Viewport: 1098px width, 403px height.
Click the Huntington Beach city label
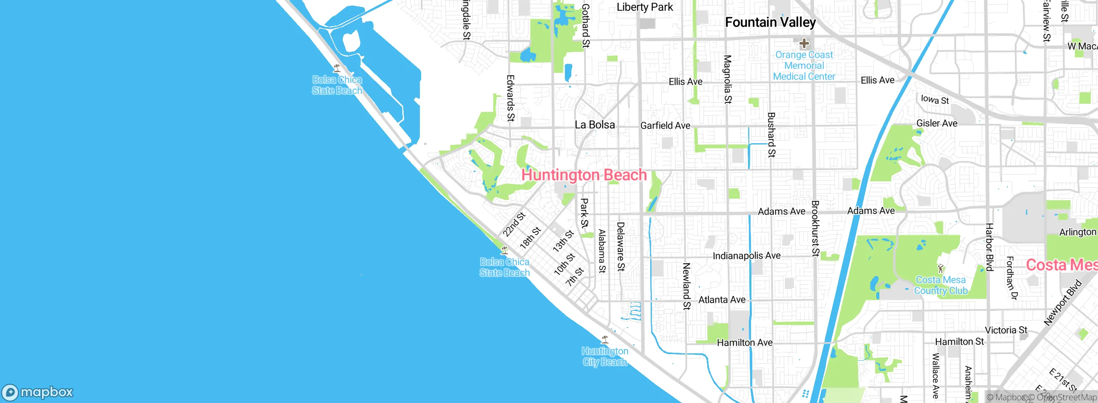click(x=584, y=175)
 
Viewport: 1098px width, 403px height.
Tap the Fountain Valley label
click(x=770, y=22)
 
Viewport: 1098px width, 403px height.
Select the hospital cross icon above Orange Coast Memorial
click(x=804, y=43)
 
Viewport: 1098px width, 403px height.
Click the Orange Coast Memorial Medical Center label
click(x=804, y=66)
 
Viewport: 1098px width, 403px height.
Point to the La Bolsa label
click(x=594, y=125)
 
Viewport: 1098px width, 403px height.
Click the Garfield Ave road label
click(x=665, y=126)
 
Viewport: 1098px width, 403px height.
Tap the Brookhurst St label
click(x=815, y=228)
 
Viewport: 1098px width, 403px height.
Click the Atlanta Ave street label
click(x=722, y=300)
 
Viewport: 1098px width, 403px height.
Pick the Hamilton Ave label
click(x=745, y=343)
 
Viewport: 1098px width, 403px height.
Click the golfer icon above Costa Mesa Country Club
click(x=941, y=269)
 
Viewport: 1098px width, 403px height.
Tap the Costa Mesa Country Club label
click(x=941, y=285)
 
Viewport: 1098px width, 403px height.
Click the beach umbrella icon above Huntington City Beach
click(x=605, y=340)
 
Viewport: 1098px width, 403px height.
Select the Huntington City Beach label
click(x=605, y=357)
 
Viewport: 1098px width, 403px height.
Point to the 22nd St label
click(x=514, y=225)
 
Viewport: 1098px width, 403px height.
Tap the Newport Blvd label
click(x=1063, y=303)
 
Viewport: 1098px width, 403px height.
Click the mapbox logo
click(x=38, y=392)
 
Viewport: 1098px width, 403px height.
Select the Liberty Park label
click(x=645, y=7)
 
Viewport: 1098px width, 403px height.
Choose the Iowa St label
click(x=935, y=99)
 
